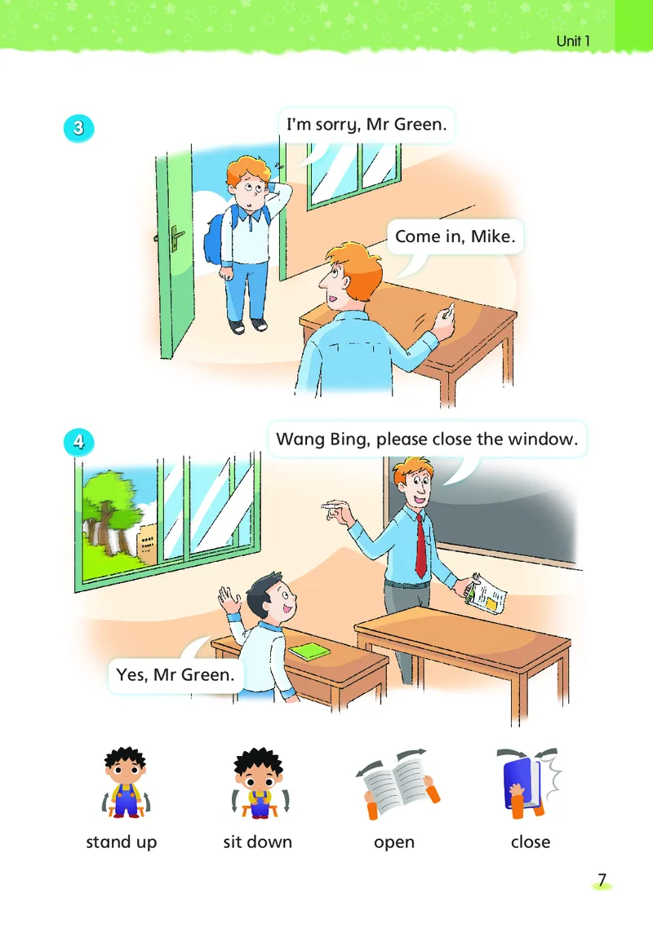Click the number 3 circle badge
point(79,128)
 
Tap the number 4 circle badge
point(79,442)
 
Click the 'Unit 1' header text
point(573,41)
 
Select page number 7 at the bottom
point(602,880)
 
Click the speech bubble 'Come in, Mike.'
point(455,236)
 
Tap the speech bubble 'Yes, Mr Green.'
point(175,674)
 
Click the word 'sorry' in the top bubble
point(338,125)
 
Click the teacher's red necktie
point(420,546)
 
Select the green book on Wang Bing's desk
point(309,652)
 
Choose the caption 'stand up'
point(122,842)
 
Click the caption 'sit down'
point(258,842)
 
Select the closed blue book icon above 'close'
point(527,782)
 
